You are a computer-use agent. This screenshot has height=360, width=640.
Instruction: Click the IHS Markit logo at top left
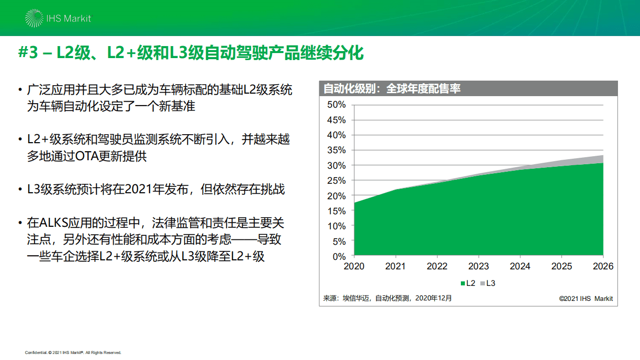point(58,19)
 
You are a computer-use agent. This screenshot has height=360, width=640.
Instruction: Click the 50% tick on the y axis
point(336,105)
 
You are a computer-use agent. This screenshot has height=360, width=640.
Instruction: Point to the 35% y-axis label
point(336,150)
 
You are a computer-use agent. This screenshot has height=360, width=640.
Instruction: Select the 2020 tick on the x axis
point(354,266)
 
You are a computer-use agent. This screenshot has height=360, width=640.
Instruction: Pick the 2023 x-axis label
point(478,266)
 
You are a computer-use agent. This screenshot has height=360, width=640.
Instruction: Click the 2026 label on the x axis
point(602,266)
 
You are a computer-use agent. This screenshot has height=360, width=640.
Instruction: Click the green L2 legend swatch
point(462,283)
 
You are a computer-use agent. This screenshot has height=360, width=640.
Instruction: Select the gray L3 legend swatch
point(482,283)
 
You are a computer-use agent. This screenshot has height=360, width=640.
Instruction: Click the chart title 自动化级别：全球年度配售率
point(392,89)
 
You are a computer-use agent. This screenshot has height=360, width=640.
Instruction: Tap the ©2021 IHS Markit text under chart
point(585,299)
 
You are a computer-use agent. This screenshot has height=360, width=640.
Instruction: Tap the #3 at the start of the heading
point(29,53)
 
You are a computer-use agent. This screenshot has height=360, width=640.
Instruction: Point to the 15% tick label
point(336,211)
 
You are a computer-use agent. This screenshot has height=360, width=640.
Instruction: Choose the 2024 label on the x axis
point(520,266)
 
